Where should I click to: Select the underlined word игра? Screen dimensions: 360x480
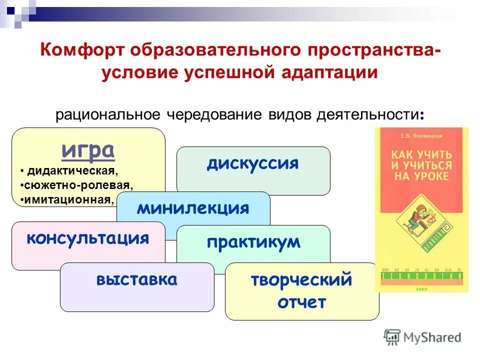(x=88, y=149)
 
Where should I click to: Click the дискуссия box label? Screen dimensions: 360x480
(x=253, y=163)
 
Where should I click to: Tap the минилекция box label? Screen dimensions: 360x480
(x=193, y=208)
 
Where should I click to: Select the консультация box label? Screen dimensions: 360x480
(x=88, y=237)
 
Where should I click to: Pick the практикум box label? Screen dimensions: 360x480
(x=253, y=242)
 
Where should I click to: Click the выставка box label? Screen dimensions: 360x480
(x=136, y=279)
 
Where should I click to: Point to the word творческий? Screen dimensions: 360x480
(x=301, y=280)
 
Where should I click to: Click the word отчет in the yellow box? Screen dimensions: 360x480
(x=301, y=302)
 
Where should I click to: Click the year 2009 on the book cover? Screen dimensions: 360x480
(x=421, y=288)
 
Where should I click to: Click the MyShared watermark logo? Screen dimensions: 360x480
(x=422, y=337)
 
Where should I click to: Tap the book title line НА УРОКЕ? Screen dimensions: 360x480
(x=421, y=176)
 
